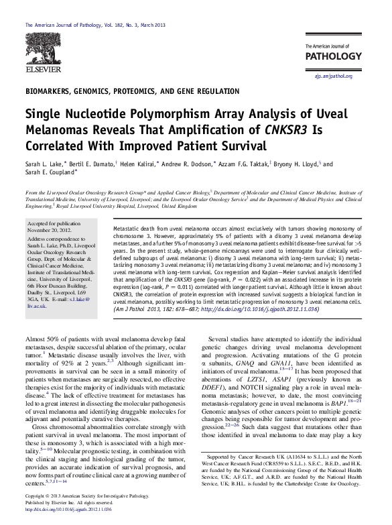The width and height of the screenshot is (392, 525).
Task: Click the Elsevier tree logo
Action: [x=41, y=47]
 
